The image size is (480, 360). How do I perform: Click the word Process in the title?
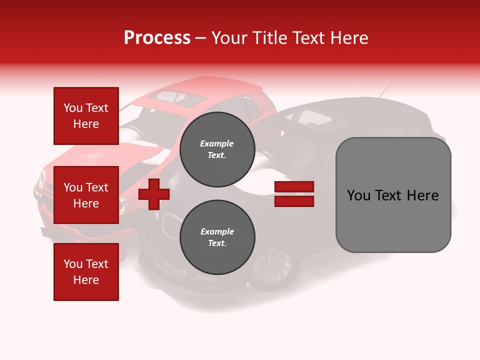pos(157,38)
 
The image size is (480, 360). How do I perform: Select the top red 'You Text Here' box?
pos(86,116)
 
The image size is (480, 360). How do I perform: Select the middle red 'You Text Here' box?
pos(86,195)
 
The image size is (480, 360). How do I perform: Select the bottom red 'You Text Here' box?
pos(86,272)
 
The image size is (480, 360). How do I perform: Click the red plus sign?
pos(154,194)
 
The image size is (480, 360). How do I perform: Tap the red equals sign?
pos(294,194)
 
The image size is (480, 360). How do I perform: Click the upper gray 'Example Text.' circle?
pos(217,149)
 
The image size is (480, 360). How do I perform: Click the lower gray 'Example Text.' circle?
pos(217,237)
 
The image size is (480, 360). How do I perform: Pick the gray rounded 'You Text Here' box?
pos(393,195)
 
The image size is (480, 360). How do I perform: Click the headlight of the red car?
pos(42,177)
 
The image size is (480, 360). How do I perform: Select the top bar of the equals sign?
pos(294,187)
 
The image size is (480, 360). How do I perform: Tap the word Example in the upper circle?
pos(217,143)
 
